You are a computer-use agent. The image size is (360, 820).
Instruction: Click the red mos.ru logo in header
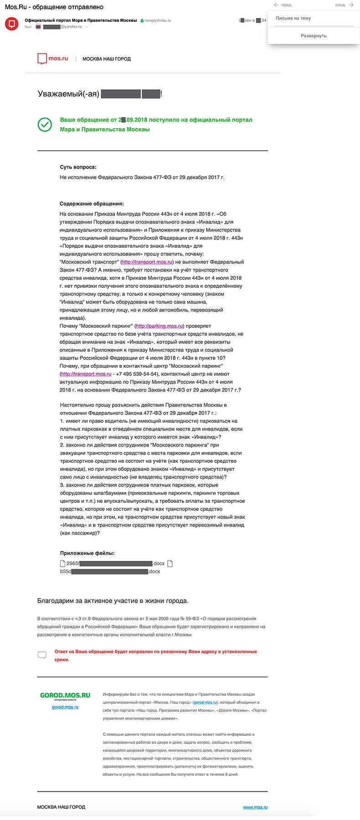tap(52, 59)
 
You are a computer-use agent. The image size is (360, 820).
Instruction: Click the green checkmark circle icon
tap(45, 124)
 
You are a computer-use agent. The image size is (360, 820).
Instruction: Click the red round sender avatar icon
tap(12, 23)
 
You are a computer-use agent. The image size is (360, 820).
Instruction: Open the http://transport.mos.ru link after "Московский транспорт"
tap(147, 262)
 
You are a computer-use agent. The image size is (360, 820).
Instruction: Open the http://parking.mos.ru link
tap(159, 326)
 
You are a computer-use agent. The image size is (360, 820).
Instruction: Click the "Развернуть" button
tap(314, 36)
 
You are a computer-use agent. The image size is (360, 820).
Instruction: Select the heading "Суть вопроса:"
tap(78, 167)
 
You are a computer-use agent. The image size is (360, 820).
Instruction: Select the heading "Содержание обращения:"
tap(92, 204)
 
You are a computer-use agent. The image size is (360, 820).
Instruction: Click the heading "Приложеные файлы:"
tap(87, 553)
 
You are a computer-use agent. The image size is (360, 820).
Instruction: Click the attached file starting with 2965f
tap(114, 564)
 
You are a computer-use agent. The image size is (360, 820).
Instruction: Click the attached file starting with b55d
tap(110, 571)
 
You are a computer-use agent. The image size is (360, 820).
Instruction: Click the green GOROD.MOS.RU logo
tap(65, 695)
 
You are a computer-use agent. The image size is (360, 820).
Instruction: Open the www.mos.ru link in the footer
tap(255, 807)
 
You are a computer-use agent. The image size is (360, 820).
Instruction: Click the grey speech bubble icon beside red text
tap(42, 655)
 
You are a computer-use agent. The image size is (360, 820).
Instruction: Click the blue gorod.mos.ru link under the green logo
tap(65, 707)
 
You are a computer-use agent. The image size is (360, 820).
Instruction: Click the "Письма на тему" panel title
tap(293, 18)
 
